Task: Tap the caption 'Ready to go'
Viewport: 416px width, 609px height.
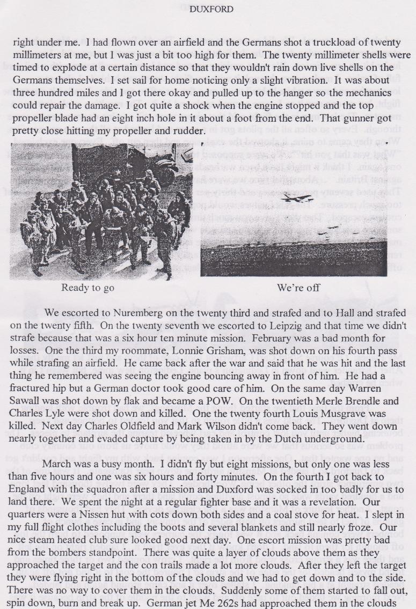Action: pyautogui.click(x=87, y=288)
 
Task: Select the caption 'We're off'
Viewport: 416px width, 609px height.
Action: pyautogui.click(x=298, y=288)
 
